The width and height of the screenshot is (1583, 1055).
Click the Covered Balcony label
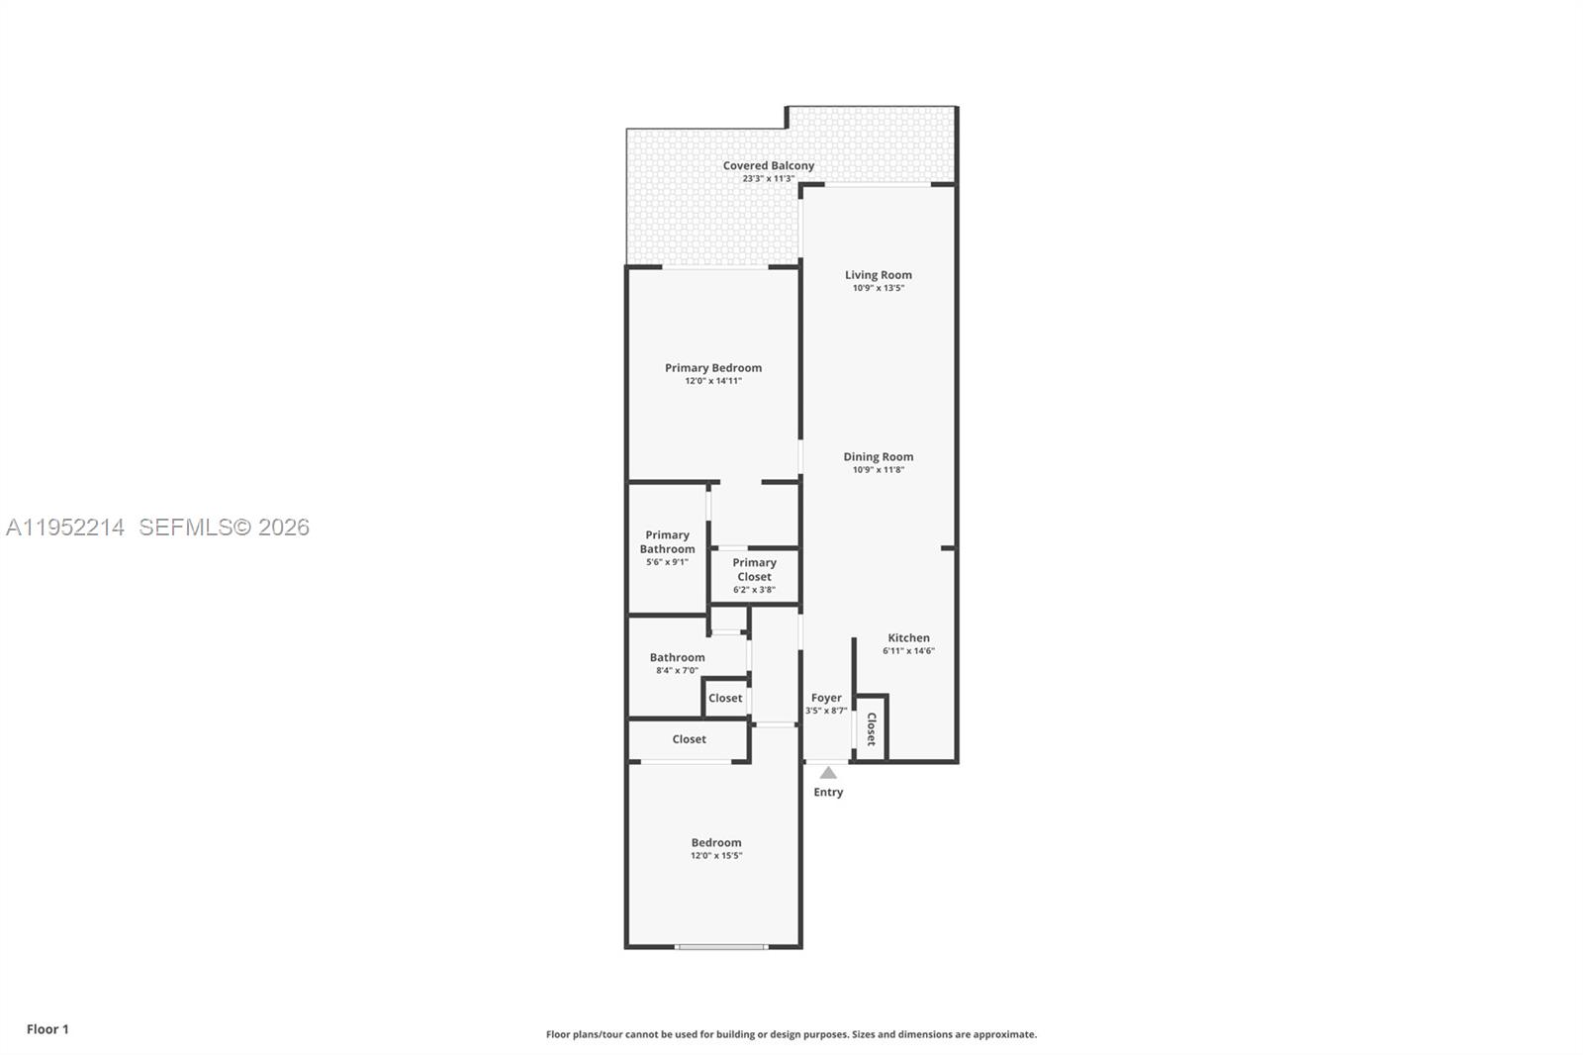(768, 166)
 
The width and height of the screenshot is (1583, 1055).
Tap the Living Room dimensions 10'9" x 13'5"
(878, 288)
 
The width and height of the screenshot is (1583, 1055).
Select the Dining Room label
(878, 457)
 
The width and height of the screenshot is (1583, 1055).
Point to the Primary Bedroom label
(712, 368)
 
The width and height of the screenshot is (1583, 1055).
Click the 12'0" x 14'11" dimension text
(712, 381)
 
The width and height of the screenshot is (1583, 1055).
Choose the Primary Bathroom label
(667, 542)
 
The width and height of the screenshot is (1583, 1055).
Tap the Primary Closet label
(754, 570)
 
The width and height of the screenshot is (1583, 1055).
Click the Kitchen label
(908, 638)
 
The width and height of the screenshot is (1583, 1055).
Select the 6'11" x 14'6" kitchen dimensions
(908, 651)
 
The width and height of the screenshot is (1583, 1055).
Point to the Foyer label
(826, 698)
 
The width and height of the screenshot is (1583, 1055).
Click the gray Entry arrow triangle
(828, 773)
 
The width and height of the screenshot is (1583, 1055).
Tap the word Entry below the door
(828, 792)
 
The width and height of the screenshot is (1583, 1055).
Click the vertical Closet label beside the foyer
(871, 729)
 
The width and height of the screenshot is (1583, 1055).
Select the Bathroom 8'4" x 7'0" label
(677, 663)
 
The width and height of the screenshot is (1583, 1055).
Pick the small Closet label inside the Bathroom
(725, 698)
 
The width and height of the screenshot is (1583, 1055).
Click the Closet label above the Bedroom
(689, 739)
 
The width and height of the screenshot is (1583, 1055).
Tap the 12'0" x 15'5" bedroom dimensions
(715, 856)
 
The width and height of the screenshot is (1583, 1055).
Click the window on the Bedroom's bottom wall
(721, 947)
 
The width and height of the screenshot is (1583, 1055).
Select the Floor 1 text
(47, 1029)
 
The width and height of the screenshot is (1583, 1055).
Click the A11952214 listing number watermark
(65, 527)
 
